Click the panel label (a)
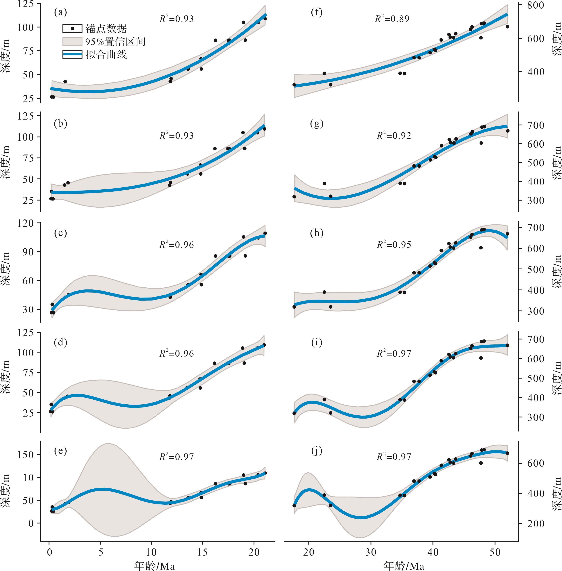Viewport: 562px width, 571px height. pyautogui.click(x=60, y=12)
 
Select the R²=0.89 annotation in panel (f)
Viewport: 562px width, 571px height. pyautogui.click(x=392, y=19)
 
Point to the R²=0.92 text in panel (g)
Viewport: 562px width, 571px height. pyautogui.click(x=394, y=136)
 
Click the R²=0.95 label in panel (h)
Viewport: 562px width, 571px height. pyautogui.click(x=394, y=245)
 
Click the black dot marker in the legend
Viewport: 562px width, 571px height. pyautogui.click(x=72, y=29)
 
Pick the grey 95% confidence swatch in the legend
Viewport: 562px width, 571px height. pyautogui.click(x=72, y=42)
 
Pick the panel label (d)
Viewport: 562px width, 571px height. pyautogui.click(x=60, y=342)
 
